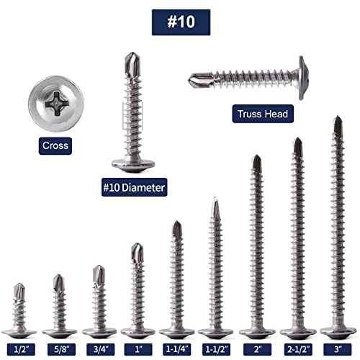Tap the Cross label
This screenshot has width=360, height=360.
click(55, 145)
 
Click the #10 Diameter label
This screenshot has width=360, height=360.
click(134, 187)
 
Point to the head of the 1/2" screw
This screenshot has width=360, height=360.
click(20, 333)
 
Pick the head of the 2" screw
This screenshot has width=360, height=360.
click(257, 333)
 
